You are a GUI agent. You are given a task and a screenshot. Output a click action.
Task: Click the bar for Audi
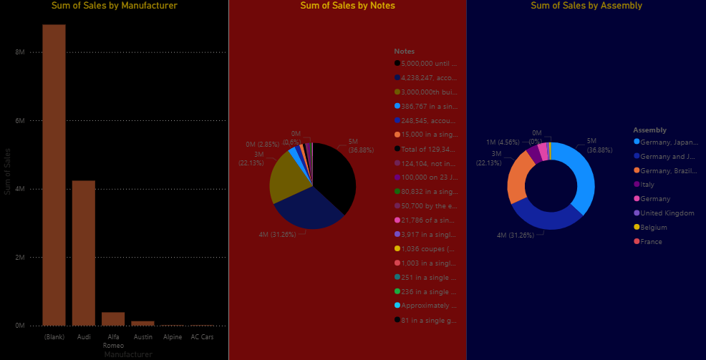(83, 253)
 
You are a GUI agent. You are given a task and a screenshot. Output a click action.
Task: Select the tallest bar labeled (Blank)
(54, 175)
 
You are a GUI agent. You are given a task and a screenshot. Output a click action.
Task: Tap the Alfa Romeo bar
(112, 318)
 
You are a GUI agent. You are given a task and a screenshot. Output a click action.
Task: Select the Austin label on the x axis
(142, 336)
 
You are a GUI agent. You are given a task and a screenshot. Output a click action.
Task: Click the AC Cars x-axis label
(201, 336)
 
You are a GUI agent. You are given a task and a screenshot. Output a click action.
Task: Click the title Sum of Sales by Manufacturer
(114, 6)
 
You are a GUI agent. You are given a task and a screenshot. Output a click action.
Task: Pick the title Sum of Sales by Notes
(347, 6)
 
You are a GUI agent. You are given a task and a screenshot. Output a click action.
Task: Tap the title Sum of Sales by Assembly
(586, 6)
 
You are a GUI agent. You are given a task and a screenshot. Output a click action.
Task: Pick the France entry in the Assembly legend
(652, 242)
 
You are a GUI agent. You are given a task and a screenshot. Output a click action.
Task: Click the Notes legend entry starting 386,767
(429, 106)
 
